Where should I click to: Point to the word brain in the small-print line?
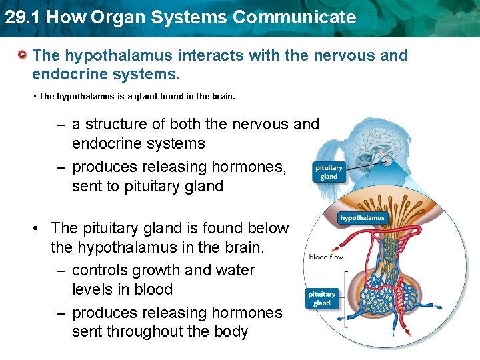tap(223, 96)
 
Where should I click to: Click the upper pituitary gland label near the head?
tap(329, 173)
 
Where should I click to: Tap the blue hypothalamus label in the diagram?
tap(362, 218)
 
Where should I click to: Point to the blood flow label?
tap(325, 257)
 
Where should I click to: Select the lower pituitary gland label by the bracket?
tap(321, 299)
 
